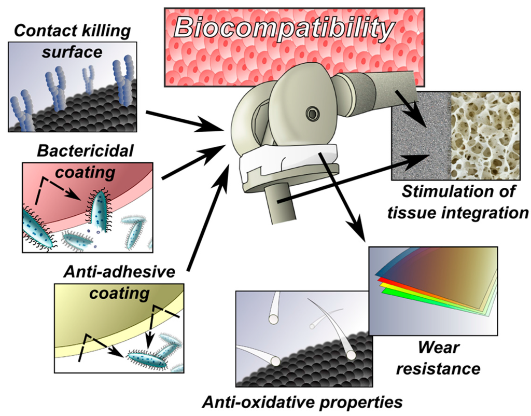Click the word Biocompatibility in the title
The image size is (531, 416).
click(x=284, y=27)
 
